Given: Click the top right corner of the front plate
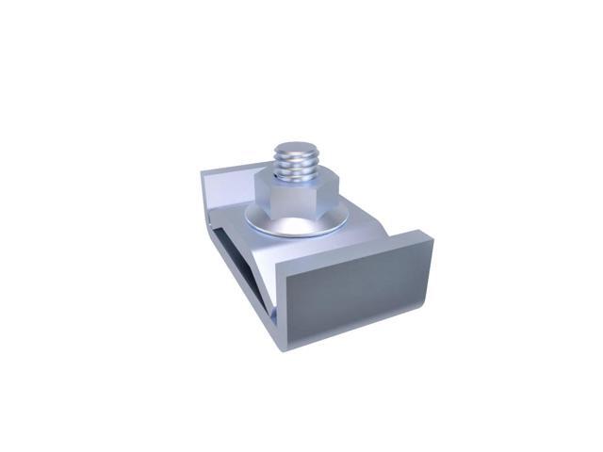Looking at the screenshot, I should pyautogui.click(x=432, y=238).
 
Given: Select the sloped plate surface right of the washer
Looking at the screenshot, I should pyautogui.click(x=363, y=226).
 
